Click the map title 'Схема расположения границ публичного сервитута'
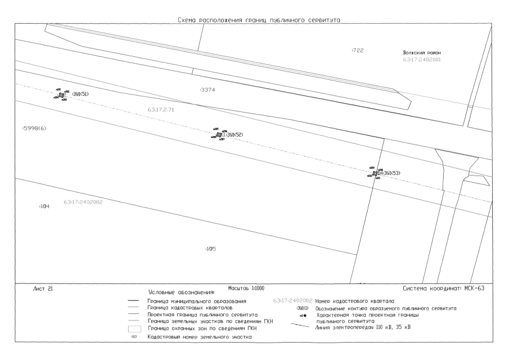[259, 20]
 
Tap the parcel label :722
[358, 51]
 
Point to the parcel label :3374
[208, 90]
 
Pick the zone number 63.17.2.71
[161, 109]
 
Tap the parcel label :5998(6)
[34, 128]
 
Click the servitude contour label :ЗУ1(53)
[389, 173]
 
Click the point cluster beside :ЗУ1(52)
[219, 134]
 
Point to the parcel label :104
[44, 206]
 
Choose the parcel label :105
[211, 248]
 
